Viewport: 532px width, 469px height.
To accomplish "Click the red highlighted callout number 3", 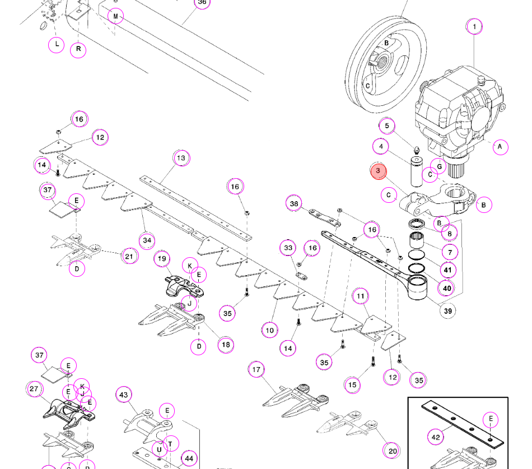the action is (379, 171).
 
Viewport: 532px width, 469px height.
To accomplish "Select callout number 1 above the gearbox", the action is (474, 26).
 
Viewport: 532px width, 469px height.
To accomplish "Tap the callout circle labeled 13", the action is (181, 158).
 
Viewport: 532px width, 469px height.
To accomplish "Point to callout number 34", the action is (147, 240).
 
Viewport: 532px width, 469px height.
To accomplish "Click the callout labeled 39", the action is (448, 311).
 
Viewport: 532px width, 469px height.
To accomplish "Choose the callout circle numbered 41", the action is (448, 270).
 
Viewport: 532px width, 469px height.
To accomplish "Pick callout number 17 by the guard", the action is (256, 369).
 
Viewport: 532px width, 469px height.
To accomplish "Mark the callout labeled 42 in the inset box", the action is (436, 437).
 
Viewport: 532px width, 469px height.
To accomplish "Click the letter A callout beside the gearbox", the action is (500, 147).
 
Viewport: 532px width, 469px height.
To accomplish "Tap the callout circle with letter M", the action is (115, 16).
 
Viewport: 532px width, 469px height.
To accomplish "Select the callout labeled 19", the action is (162, 259).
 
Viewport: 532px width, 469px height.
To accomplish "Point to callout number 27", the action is (34, 389).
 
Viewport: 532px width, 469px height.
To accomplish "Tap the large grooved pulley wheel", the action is (386, 64).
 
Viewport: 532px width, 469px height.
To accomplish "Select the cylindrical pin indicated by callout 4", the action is (416, 171).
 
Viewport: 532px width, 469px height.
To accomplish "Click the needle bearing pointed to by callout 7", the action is (417, 240).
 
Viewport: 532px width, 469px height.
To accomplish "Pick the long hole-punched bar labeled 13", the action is (196, 208).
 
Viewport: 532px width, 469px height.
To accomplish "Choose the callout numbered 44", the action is (189, 459).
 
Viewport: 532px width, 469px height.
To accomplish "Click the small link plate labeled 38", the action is (324, 219).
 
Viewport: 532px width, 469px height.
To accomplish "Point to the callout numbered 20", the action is (392, 451).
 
